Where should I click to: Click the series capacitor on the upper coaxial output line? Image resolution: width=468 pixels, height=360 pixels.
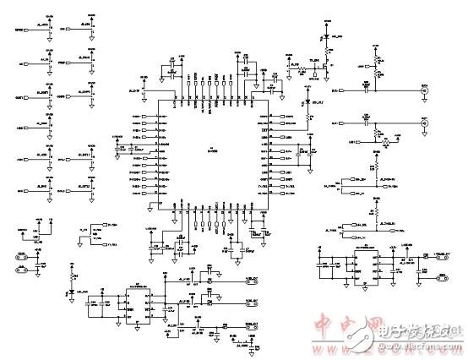[x=367, y=88]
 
